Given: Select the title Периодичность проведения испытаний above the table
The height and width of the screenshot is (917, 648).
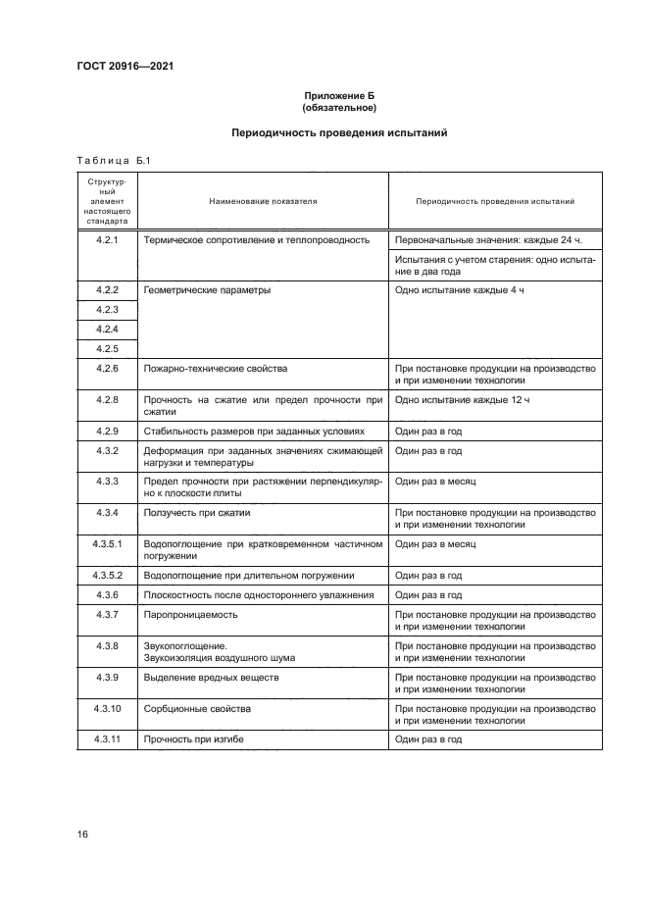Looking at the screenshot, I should pyautogui.click(x=339, y=132).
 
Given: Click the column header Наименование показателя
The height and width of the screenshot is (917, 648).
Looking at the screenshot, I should pyautogui.click(x=264, y=201).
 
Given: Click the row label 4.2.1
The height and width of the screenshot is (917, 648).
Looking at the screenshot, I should pyautogui.click(x=107, y=239).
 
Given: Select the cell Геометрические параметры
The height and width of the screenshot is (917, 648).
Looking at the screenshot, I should pyautogui.click(x=207, y=291).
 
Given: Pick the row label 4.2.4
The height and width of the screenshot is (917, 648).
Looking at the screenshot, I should pyautogui.click(x=107, y=329).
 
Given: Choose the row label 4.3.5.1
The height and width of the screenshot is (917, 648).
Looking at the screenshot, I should pyautogui.click(x=107, y=542).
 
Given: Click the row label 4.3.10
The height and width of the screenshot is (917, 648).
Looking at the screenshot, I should pyautogui.click(x=107, y=707).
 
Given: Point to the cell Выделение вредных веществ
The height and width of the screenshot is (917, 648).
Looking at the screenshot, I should pyautogui.click(x=212, y=677).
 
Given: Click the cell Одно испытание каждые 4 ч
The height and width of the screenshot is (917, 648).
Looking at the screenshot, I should pyautogui.click(x=459, y=291).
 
